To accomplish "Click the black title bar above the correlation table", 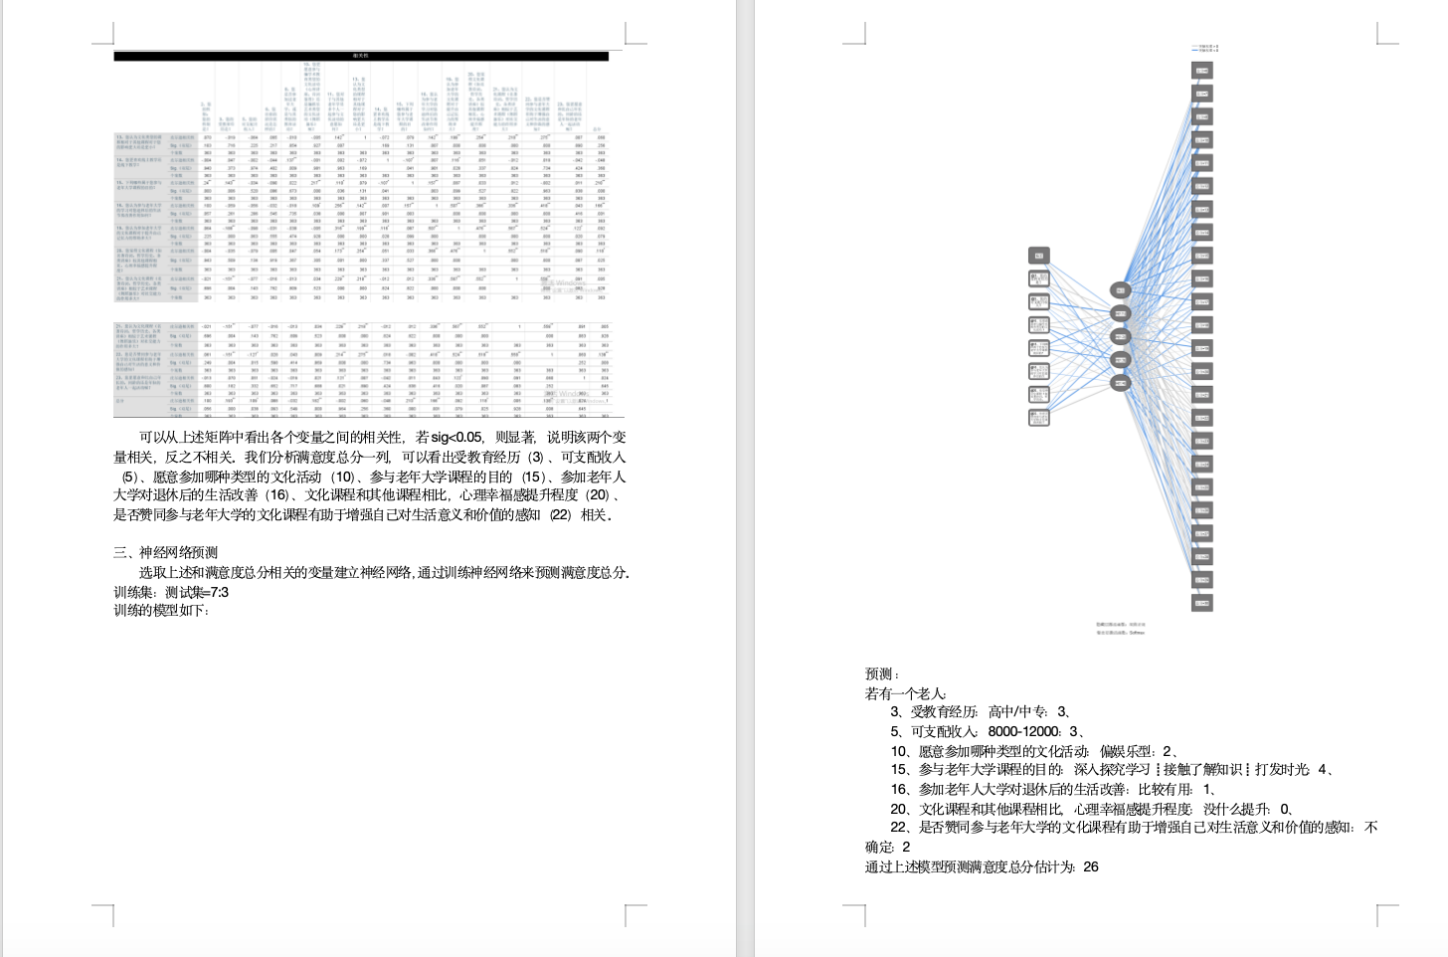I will pos(361,57).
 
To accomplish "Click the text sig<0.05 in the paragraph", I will pos(456,438).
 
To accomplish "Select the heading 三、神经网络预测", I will pos(165,553).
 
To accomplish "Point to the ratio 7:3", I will pos(218,592).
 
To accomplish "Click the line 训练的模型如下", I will pos(161,611).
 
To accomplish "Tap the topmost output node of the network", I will pos(1201,71).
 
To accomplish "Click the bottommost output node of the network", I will pos(1201,603).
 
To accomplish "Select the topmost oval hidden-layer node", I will pos(1120,290).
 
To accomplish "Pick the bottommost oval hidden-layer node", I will pos(1120,383).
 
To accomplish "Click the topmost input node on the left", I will pos(1038,256).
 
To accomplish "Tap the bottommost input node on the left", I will pos(1038,418).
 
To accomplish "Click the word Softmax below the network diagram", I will pos(1137,632).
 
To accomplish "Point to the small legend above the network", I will pos(1204,48).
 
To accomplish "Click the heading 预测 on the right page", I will pos(881,674).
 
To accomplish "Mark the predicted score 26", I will pos(1091,866).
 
